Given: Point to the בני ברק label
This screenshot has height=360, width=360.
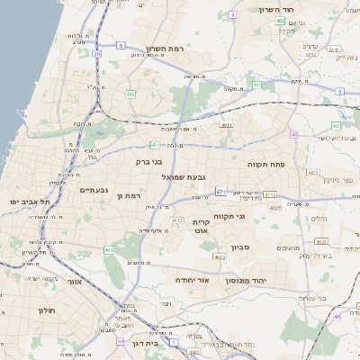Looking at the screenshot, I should [x=148, y=162].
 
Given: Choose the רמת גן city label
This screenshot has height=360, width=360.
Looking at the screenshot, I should [x=131, y=194].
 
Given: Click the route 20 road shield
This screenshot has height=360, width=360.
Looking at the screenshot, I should [x=96, y=54].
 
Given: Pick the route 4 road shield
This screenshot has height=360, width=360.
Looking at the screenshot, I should [x=232, y=15].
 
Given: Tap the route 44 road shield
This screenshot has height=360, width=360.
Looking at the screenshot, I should [x=121, y=342].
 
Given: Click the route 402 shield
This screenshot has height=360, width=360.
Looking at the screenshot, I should [x=281, y=21].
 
